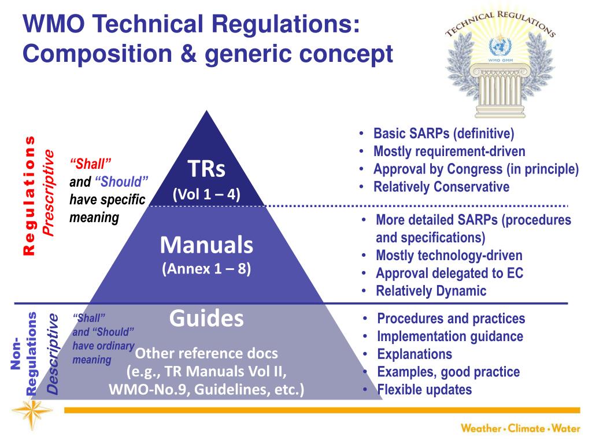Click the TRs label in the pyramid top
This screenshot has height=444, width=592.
[x=206, y=169]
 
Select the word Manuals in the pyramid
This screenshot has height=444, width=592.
[x=206, y=246]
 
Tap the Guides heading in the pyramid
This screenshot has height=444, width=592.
[x=206, y=319]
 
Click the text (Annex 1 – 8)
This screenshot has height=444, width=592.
[x=206, y=269]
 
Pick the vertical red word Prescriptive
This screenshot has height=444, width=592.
[x=50, y=193]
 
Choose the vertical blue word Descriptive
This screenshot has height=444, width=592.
[x=53, y=354]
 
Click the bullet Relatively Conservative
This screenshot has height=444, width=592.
[x=441, y=187]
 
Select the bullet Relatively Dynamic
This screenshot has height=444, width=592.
[x=431, y=291]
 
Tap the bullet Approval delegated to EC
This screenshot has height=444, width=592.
[x=449, y=273]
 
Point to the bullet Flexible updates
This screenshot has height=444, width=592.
[x=424, y=390]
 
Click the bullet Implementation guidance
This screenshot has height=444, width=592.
[x=450, y=336]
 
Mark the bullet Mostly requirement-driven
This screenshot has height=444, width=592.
[x=449, y=151]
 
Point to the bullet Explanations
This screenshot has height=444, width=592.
[x=415, y=354]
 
